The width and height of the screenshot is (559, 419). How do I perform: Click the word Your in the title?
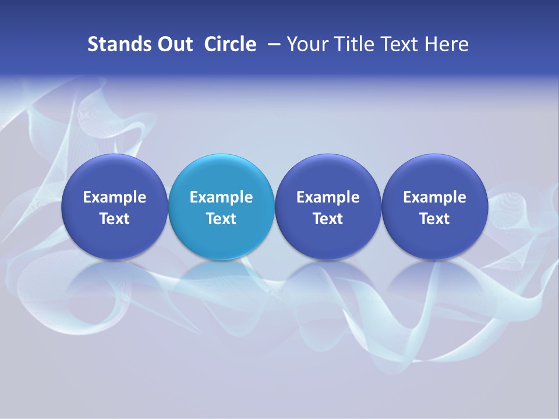coord(305,44)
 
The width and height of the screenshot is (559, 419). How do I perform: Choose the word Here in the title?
coord(445,44)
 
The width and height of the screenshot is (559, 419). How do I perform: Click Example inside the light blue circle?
coord(221,197)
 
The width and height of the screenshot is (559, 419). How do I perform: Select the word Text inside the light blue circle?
coord(221,219)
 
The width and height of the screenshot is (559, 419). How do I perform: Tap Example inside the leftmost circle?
coord(115,197)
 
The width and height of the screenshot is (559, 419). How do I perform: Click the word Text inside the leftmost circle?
coord(115,219)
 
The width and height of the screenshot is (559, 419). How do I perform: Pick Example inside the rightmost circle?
coord(434,197)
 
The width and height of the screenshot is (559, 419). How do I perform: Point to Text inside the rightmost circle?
coord(434,219)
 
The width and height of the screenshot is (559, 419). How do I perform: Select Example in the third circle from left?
coord(328,197)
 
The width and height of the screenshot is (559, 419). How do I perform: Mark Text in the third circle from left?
coord(328,219)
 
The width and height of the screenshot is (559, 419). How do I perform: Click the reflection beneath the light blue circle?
coord(221,285)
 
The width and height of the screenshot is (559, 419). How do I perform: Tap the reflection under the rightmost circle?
coord(434,285)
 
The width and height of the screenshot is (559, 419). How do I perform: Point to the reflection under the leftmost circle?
coord(115,285)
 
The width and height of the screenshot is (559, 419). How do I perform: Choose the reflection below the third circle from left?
coord(328,285)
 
